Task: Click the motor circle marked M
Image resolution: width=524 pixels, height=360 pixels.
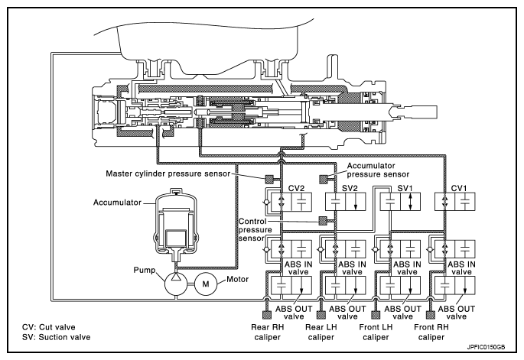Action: click(206, 284)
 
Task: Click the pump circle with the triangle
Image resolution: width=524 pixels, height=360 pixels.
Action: click(176, 284)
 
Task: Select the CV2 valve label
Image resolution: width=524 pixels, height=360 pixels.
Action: click(296, 188)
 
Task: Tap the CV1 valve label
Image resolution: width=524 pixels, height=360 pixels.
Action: click(459, 188)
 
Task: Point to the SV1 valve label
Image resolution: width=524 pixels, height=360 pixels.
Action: click(405, 188)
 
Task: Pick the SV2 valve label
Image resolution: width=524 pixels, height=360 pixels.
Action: click(350, 188)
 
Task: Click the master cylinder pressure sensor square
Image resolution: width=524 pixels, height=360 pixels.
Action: click(269, 180)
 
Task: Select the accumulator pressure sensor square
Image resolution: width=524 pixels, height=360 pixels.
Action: click(324, 180)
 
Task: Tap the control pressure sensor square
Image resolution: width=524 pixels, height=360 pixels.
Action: click(323, 221)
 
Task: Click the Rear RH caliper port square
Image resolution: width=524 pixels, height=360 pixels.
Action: click(267, 315)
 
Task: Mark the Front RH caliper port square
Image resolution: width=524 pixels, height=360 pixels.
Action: click(431, 315)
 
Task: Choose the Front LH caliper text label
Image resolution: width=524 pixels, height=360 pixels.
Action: click(376, 332)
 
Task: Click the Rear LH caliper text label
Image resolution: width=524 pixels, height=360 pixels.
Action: click(321, 332)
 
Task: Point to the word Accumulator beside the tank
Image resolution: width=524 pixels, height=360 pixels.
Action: click(117, 203)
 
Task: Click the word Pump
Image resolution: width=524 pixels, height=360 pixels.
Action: click(145, 270)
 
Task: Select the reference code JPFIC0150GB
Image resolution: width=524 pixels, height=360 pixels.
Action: click(486, 347)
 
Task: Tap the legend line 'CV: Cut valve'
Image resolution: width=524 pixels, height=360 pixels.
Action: click(49, 327)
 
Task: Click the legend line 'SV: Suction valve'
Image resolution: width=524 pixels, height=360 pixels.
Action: click(56, 337)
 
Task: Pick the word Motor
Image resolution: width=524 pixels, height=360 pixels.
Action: click(238, 279)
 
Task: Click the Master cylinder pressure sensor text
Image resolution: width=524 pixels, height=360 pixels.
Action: click(168, 174)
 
